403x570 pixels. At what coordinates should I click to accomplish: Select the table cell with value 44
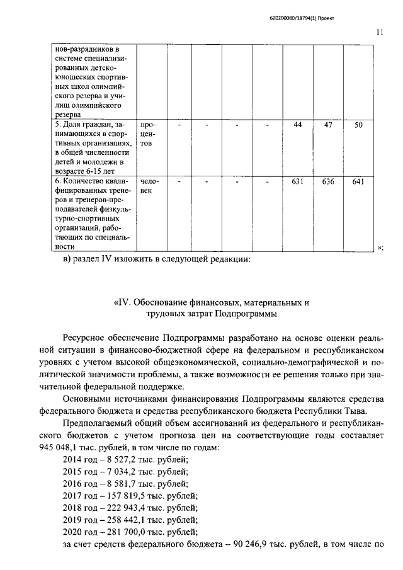click(x=298, y=125)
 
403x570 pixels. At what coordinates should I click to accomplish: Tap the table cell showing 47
click(x=328, y=125)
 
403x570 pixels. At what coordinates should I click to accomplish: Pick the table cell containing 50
click(x=358, y=125)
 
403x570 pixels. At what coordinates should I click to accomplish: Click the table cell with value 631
click(x=298, y=182)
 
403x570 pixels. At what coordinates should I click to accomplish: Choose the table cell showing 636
click(x=328, y=182)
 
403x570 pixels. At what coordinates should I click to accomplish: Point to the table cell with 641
click(x=358, y=182)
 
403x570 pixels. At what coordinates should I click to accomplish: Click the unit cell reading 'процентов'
click(x=150, y=135)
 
